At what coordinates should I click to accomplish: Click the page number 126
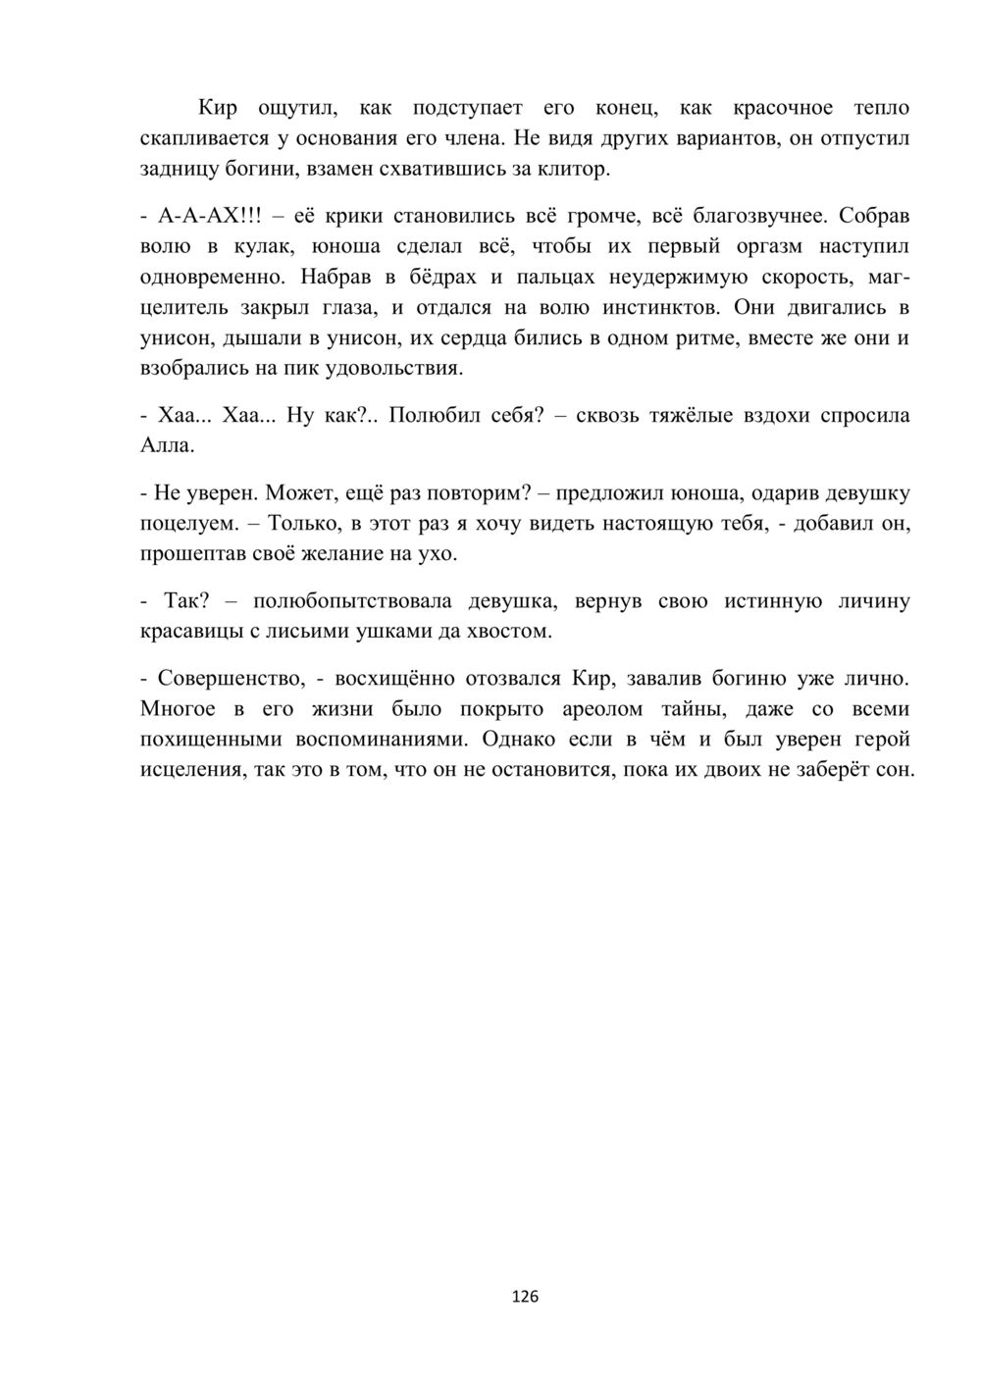[x=525, y=1297]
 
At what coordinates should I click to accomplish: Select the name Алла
[x=166, y=446]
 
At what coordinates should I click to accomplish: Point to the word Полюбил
[x=434, y=415]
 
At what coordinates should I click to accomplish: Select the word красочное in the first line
[x=783, y=107]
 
